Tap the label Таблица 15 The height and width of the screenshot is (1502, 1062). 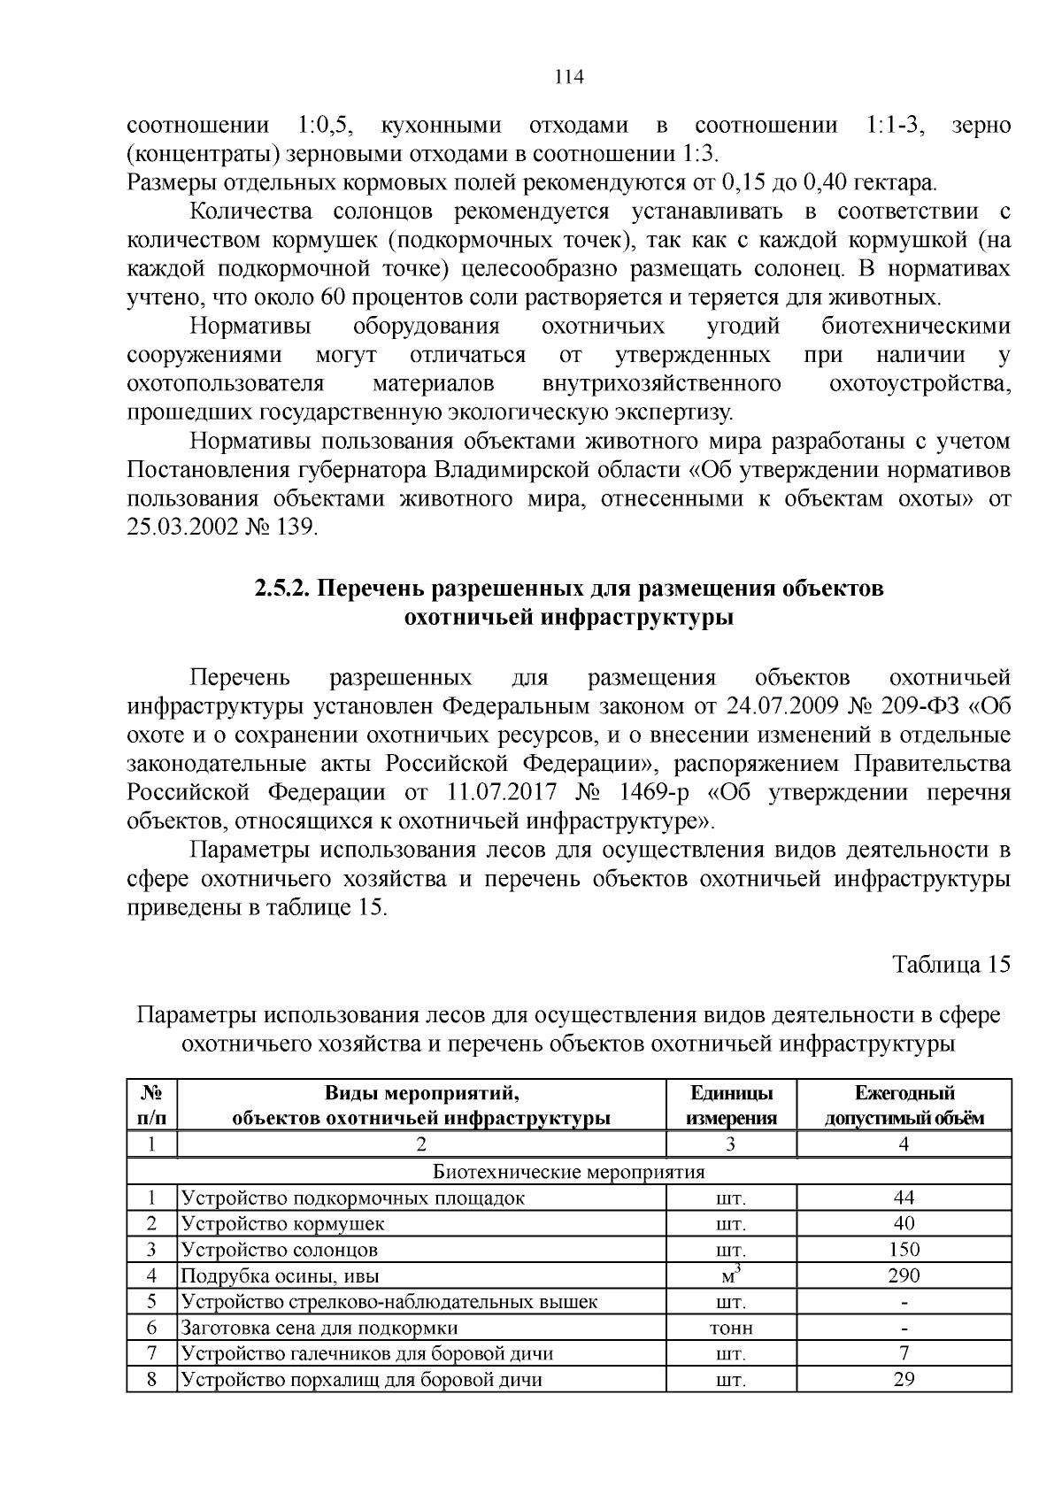[950, 964]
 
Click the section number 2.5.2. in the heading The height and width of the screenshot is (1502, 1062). [281, 589]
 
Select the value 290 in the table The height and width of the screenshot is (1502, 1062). [904, 1275]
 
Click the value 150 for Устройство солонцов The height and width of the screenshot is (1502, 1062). [904, 1250]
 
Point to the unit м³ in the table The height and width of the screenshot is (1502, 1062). [731, 1275]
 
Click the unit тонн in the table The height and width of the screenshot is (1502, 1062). [731, 1328]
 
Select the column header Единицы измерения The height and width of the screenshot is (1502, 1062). [731, 1105]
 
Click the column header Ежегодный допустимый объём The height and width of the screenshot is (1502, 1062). [904, 1105]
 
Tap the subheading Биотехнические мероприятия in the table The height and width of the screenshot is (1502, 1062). [569, 1172]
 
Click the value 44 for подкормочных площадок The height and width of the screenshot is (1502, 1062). [904, 1198]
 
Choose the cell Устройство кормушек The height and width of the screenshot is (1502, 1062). [283, 1224]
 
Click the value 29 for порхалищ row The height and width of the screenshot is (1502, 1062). [904, 1379]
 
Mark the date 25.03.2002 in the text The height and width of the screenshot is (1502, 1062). [182, 527]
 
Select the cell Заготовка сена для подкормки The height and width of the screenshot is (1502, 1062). [319, 1328]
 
